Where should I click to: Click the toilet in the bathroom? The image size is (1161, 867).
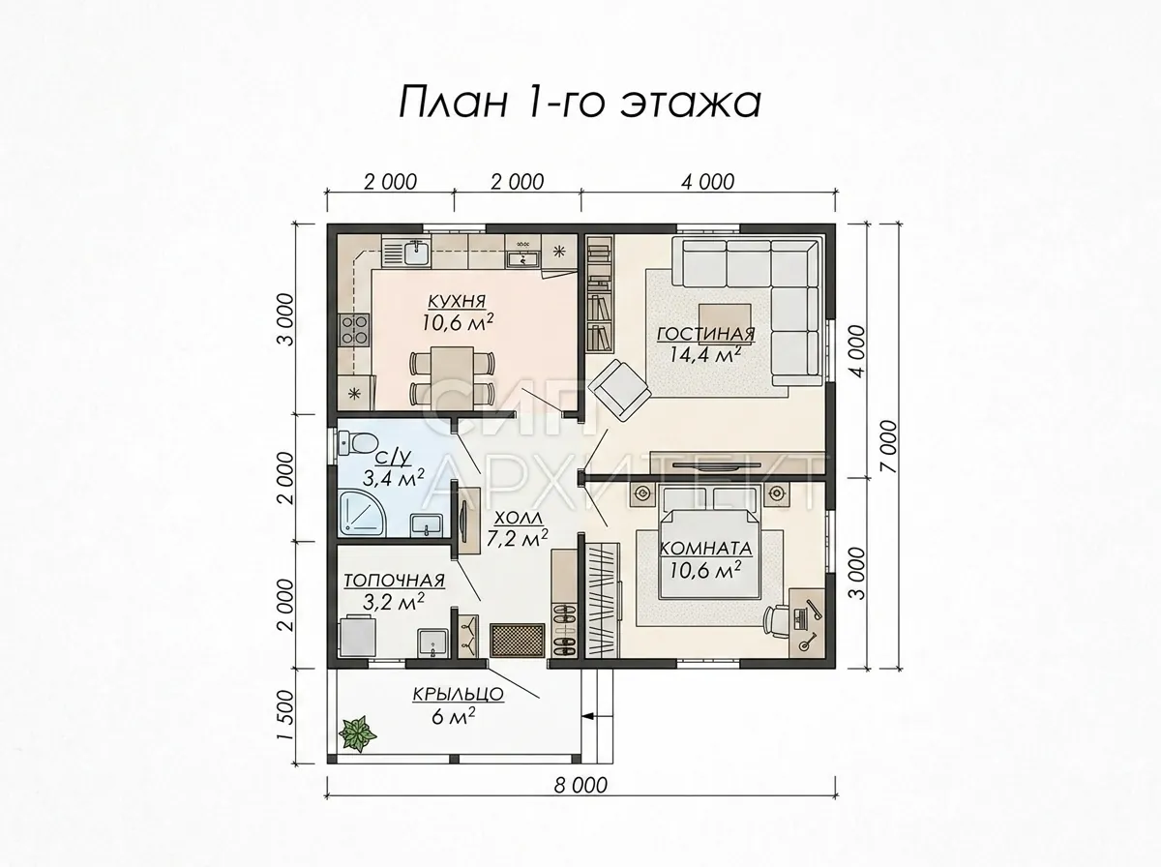[357, 442]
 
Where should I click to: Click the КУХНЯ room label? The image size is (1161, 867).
[457, 302]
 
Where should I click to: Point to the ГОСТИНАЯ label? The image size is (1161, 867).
[705, 334]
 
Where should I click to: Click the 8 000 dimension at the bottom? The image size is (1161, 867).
[580, 786]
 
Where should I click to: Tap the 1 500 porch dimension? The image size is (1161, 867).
[285, 716]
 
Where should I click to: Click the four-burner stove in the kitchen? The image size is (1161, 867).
[353, 330]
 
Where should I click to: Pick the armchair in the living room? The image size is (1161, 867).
[619, 390]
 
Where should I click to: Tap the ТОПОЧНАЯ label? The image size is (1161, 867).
[394, 581]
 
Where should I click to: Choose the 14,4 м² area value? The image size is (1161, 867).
[704, 354]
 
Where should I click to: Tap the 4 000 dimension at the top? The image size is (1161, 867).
[707, 182]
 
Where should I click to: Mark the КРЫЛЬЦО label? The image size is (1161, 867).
[458, 694]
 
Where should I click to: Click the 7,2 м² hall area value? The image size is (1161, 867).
[517, 539]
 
